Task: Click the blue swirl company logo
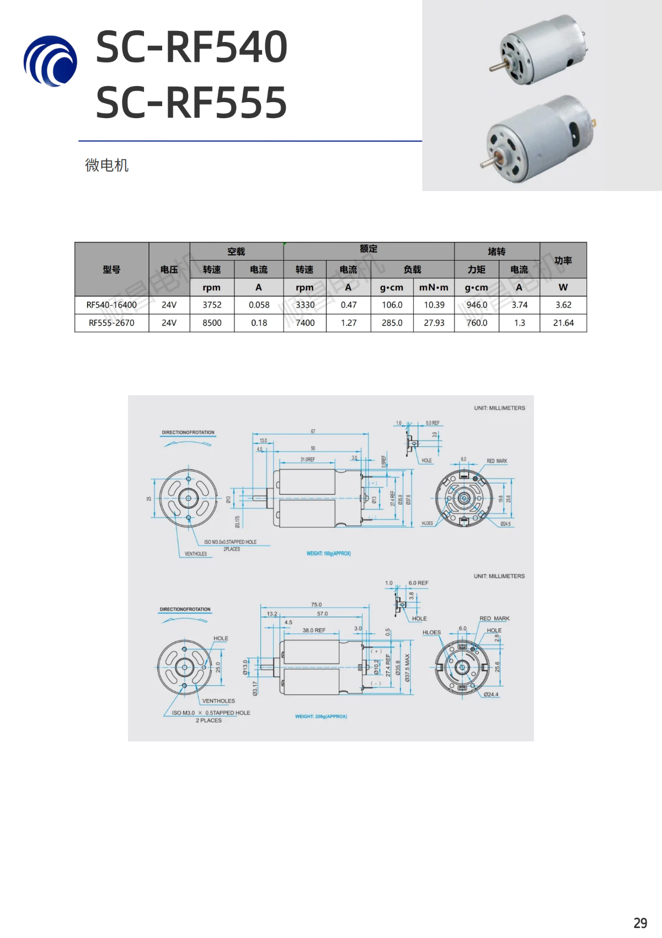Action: click(x=50, y=61)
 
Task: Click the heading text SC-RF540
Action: click(x=191, y=47)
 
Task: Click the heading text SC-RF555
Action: click(x=191, y=103)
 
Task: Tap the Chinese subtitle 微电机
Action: click(x=106, y=165)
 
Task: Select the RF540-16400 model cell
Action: click(x=111, y=305)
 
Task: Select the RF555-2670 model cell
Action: click(x=111, y=323)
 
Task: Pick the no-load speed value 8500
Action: click(x=212, y=323)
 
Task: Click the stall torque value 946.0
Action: click(x=477, y=305)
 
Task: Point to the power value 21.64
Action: click(x=563, y=323)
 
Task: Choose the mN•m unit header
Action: click(x=434, y=287)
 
